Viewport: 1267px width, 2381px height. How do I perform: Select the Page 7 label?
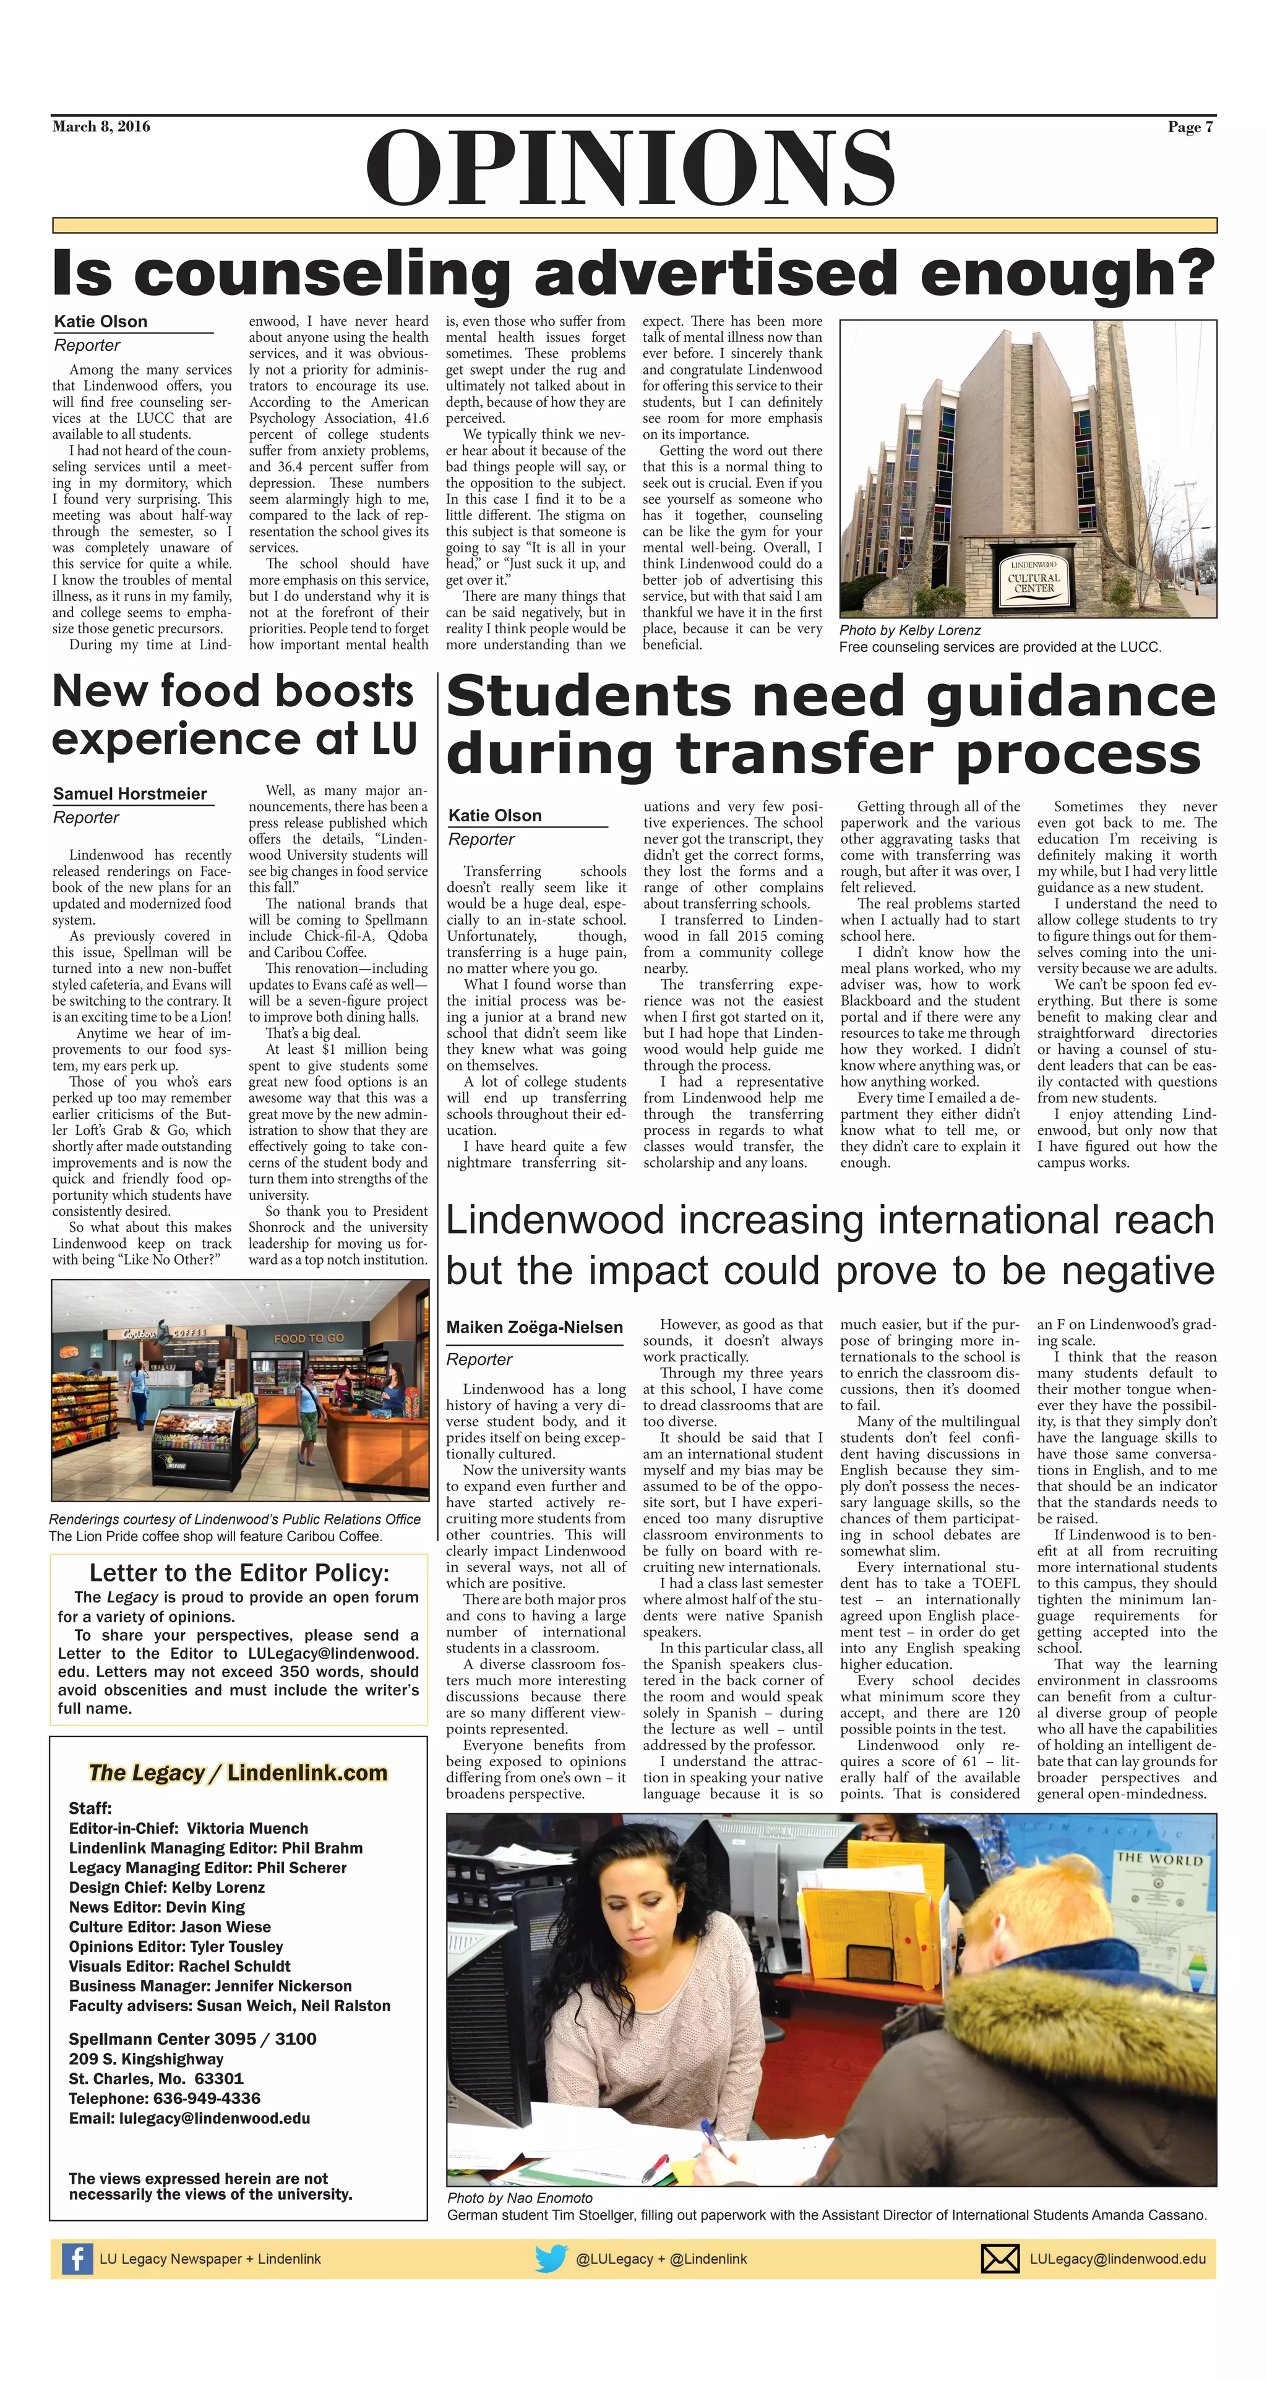[x=1190, y=127]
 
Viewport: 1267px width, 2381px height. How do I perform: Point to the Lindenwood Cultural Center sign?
[x=1034, y=577]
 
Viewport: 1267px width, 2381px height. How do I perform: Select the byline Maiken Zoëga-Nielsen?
[x=535, y=1327]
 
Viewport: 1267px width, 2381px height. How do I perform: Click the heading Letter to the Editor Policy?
[x=239, y=1573]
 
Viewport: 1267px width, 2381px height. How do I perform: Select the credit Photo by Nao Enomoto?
[x=520, y=2198]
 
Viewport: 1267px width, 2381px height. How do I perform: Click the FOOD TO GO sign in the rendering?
[x=309, y=1338]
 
